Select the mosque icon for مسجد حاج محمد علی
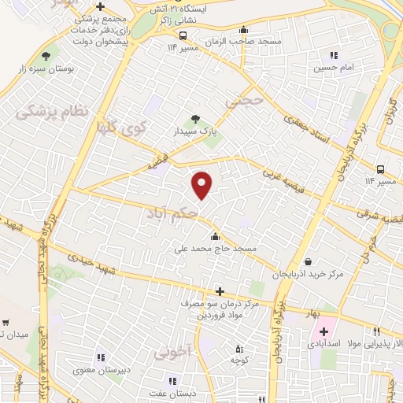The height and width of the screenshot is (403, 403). pos(215,237)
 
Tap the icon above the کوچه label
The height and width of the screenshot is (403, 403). pos(240,349)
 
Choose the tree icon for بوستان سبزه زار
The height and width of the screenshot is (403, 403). pos(45,56)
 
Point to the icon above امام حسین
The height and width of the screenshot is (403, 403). pos(334,55)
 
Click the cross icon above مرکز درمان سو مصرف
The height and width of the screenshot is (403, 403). pos(220,291)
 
